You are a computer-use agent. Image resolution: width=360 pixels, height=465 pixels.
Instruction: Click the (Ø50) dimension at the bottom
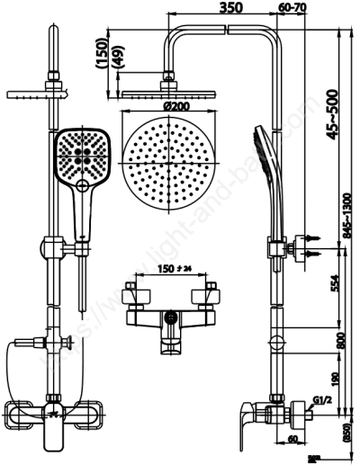344,435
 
